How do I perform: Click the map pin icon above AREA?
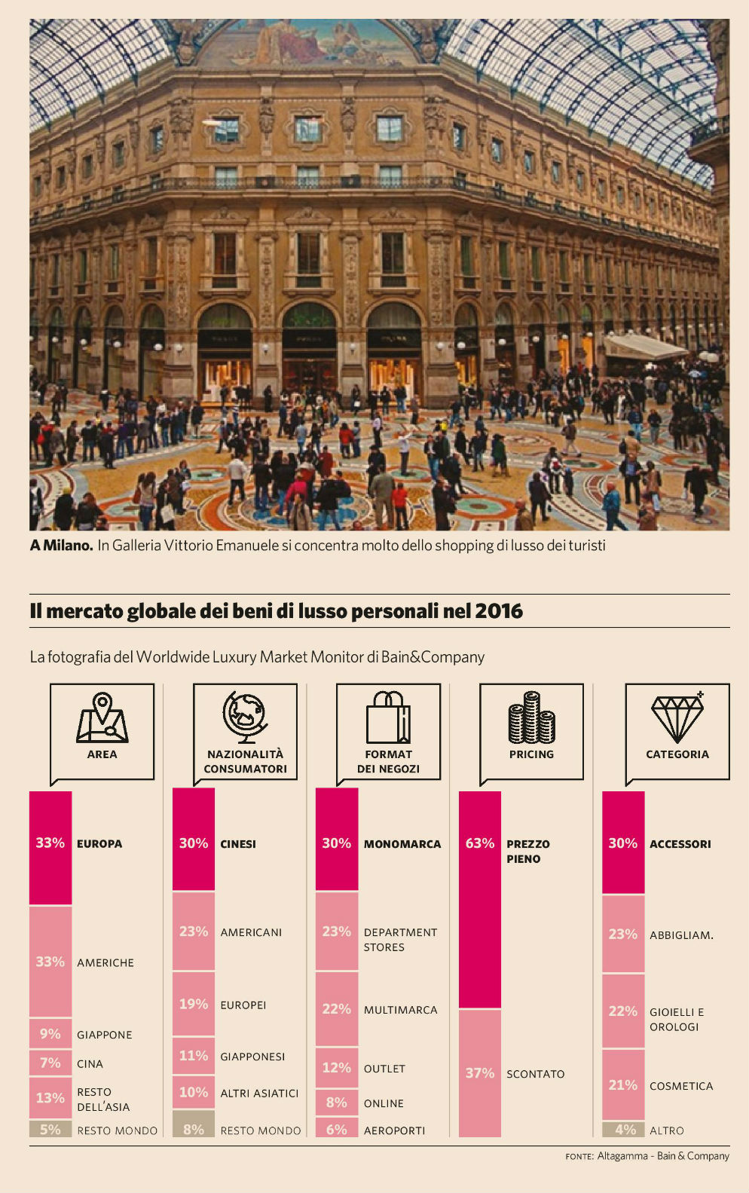click(102, 717)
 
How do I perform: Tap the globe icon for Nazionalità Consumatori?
click(245, 717)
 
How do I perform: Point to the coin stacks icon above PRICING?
click(531, 717)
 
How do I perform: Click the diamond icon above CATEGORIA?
click(677, 717)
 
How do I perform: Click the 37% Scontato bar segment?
click(480, 1072)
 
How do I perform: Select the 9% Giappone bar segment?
click(50, 1033)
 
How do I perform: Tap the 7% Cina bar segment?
click(50, 1063)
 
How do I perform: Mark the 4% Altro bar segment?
click(623, 1130)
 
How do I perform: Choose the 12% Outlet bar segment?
click(337, 1068)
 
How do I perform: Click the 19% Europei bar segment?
click(194, 1004)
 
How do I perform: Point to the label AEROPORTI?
click(394, 1130)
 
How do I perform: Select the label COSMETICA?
click(681, 1086)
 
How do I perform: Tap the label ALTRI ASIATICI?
click(259, 1094)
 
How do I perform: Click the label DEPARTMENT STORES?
click(400, 940)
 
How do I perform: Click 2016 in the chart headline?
click(499, 610)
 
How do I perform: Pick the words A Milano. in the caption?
click(61, 545)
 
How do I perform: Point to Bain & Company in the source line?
click(692, 1156)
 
